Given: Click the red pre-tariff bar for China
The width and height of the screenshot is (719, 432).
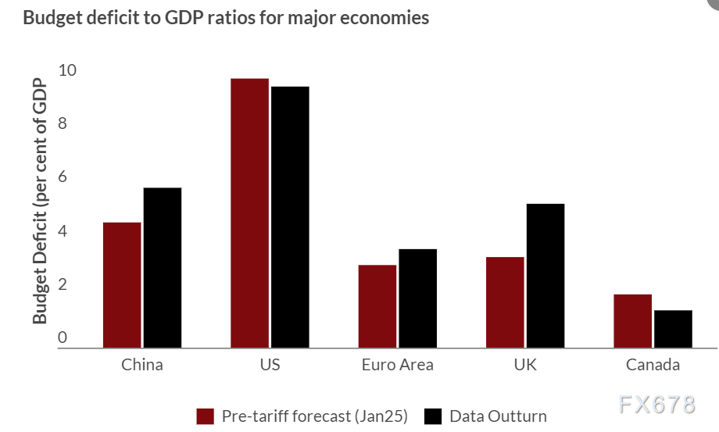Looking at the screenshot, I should [x=122, y=285].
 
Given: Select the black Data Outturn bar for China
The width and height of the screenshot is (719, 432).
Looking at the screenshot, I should [x=163, y=268].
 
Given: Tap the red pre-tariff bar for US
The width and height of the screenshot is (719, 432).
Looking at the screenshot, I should [x=249, y=213].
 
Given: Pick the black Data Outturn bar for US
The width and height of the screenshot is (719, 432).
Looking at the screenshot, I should [x=290, y=217].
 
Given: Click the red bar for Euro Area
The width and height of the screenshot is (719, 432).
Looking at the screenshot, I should [x=377, y=306].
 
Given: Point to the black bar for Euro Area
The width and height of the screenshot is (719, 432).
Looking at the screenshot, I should [x=417, y=298].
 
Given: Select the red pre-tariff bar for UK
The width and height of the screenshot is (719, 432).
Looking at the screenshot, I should [x=505, y=302].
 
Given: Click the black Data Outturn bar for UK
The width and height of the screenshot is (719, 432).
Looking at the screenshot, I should [x=545, y=276].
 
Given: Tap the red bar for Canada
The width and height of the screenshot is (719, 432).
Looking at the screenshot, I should [x=632, y=321].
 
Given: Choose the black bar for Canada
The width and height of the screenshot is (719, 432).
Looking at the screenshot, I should [x=673, y=329].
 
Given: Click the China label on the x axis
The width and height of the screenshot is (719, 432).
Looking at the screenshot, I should [x=142, y=365].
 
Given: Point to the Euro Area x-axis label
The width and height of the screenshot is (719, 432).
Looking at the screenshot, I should [x=397, y=365].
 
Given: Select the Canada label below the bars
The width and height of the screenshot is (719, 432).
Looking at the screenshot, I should [x=653, y=365].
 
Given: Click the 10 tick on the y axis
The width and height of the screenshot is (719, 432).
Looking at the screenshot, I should [x=68, y=70].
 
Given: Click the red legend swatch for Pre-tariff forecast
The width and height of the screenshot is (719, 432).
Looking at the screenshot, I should [x=205, y=416].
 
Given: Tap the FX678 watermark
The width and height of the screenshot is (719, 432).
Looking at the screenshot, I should [x=656, y=405].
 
